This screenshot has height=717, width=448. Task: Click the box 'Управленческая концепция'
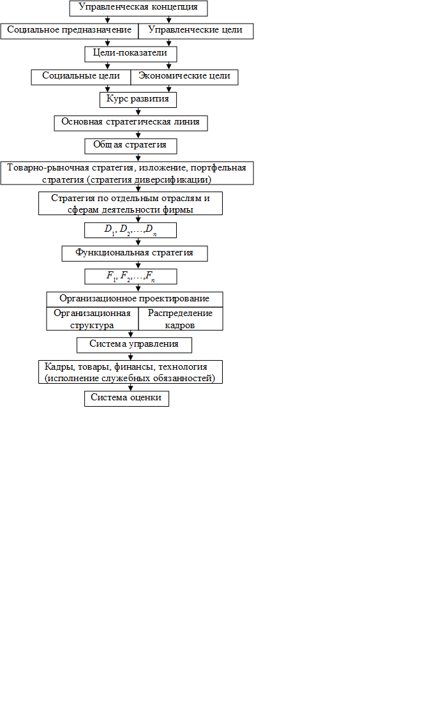coord(138,8)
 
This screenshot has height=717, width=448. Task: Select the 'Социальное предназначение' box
coord(70,31)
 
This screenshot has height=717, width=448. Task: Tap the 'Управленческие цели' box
coord(196,31)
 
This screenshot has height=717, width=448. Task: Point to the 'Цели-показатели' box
coord(131,54)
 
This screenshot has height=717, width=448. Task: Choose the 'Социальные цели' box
coord(81,77)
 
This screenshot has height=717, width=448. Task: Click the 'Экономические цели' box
coord(184,77)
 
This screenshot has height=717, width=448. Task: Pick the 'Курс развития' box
coord(138,100)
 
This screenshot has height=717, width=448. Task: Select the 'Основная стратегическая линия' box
coord(131,123)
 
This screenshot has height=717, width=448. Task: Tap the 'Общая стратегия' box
coord(131,146)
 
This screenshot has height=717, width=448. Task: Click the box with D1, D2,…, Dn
coord(131,230)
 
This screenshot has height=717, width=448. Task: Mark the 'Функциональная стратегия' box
coord(135,253)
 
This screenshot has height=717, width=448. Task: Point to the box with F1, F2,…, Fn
coord(131,276)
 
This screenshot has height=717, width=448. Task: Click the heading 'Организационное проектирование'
coord(135,299)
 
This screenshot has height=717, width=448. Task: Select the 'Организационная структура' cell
coord(93,319)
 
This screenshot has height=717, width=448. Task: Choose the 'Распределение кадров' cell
coord(181,319)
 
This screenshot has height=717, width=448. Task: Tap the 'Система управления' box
coord(135,345)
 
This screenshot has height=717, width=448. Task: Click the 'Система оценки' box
coord(126,398)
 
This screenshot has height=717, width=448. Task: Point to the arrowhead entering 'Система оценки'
coord(131,388)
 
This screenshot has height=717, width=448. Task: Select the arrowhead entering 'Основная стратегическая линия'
coord(138,112)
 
